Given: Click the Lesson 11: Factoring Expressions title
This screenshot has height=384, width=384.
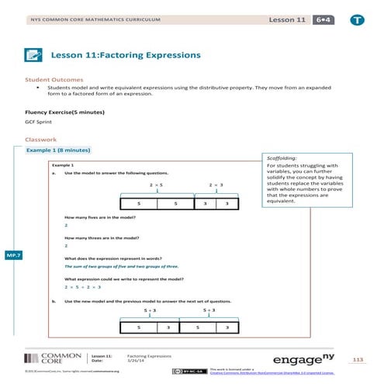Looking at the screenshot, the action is point(126,55).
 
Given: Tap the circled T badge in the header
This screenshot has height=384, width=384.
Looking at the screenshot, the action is point(356,17).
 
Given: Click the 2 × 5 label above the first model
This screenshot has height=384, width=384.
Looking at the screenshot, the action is point(156,185).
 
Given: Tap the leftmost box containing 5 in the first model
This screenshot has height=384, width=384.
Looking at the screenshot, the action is point(138,203).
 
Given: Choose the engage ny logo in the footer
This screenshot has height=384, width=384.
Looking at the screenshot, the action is point(303,360).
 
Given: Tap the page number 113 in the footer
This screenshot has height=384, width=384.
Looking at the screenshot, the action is point(358,360).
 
